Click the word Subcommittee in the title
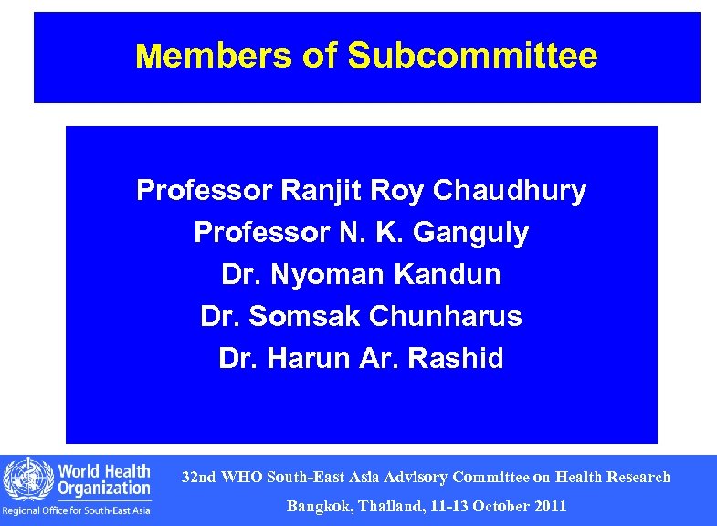tap(472, 57)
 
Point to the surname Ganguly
tap(471, 233)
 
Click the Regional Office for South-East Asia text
tap(77, 510)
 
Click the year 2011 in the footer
tap(548, 506)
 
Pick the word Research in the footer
tap(636, 477)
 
